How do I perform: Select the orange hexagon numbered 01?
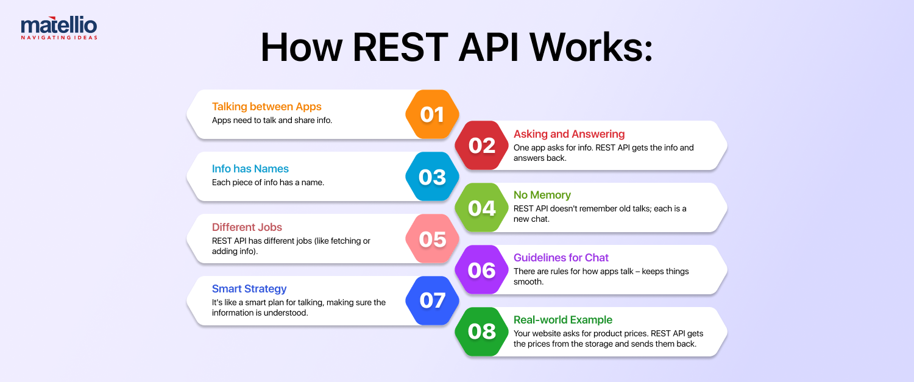432,115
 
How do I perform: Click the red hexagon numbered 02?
481,146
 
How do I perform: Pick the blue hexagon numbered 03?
432,177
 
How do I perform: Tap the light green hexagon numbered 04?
481,208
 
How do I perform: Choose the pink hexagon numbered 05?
432,239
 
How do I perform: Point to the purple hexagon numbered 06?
481,270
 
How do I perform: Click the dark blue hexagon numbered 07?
432,300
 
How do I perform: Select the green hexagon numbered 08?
481,331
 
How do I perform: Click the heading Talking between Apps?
266,107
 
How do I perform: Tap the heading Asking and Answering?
569,134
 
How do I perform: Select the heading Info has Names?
250,169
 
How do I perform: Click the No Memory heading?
542,195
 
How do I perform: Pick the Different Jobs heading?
247,227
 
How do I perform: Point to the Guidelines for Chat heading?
561,257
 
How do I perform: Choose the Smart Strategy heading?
249,289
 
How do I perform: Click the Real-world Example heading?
563,320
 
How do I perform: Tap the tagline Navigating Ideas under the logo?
58,37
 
